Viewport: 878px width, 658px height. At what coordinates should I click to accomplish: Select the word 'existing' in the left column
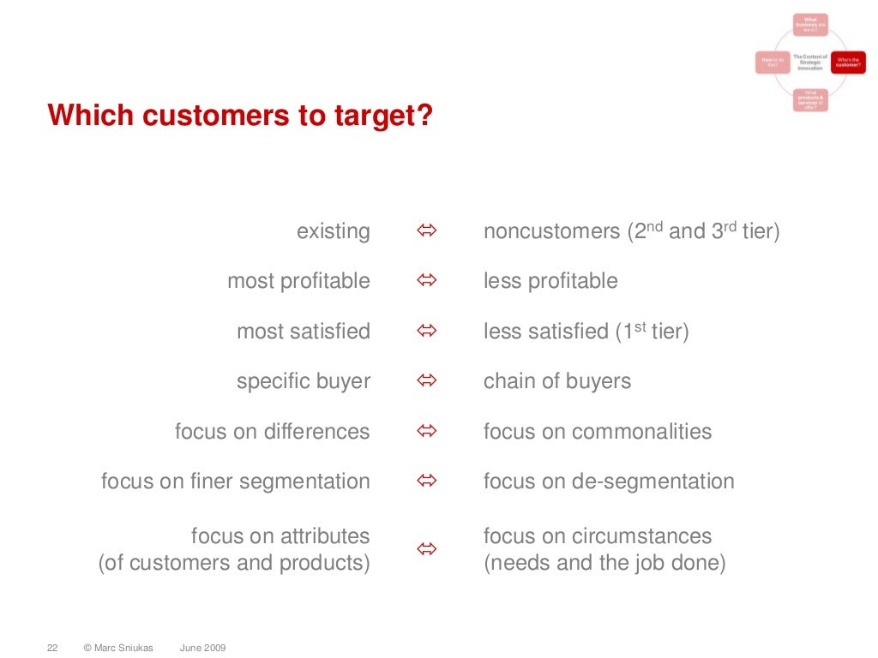click(x=334, y=231)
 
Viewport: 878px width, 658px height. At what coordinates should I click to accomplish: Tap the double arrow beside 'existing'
click(x=427, y=231)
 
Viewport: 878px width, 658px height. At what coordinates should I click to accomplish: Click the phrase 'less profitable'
click(x=550, y=281)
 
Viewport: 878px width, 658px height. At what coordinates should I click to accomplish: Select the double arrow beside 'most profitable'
click(x=427, y=281)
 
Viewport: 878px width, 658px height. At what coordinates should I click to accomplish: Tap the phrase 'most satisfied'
click(x=304, y=331)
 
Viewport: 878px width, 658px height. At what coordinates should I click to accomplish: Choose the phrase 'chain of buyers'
click(x=557, y=381)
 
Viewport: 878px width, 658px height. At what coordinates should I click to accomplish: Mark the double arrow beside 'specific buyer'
click(x=427, y=381)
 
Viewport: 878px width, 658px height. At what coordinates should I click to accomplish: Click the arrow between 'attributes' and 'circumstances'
click(x=427, y=549)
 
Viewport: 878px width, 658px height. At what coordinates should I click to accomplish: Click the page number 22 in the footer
click(x=51, y=648)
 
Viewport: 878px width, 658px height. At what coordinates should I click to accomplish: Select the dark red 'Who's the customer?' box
click(x=848, y=63)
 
